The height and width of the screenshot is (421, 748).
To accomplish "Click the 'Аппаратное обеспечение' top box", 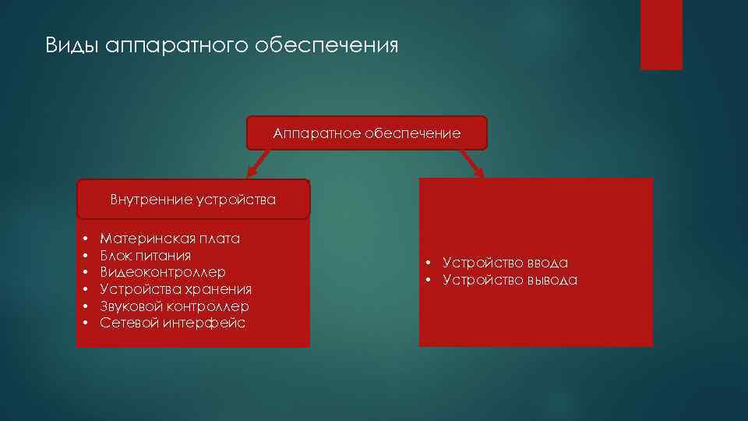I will pos(366,133).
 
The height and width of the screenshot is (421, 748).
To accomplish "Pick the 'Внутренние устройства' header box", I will pos(192,200).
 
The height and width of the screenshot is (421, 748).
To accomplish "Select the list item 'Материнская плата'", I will pos(170,239).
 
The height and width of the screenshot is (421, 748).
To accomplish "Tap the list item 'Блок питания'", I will pos(145,256).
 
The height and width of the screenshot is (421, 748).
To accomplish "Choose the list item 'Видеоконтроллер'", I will pos(163,272).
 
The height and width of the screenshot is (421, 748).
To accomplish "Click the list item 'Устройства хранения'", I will pos(175,289).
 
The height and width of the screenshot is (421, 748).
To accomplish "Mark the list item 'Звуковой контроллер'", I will pos(174,306).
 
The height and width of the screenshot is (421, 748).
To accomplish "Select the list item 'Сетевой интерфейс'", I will pos(172,323).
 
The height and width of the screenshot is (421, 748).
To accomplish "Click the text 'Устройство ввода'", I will pos(505,264).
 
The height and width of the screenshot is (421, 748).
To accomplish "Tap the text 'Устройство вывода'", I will pos(510,281).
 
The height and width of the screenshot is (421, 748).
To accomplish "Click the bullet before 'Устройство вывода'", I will pos(429,281).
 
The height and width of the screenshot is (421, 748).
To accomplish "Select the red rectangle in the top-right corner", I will pos(661,34).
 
